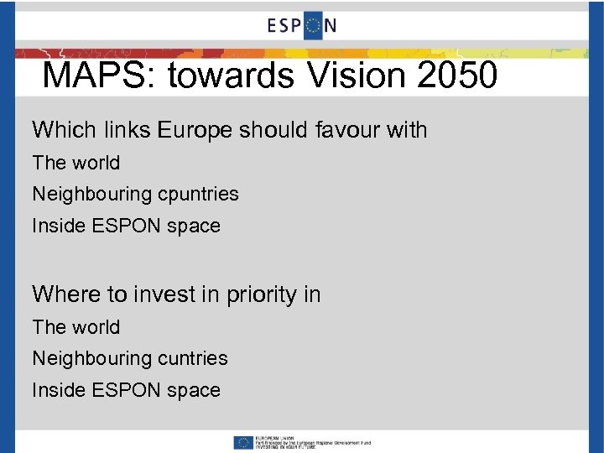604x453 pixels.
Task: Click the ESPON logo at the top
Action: pos(302,26)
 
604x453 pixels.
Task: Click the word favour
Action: pos(348,130)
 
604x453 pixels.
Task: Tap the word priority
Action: pos(252,294)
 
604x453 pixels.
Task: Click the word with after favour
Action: pos(406,130)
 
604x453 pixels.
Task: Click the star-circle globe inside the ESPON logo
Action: pos(312,26)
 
